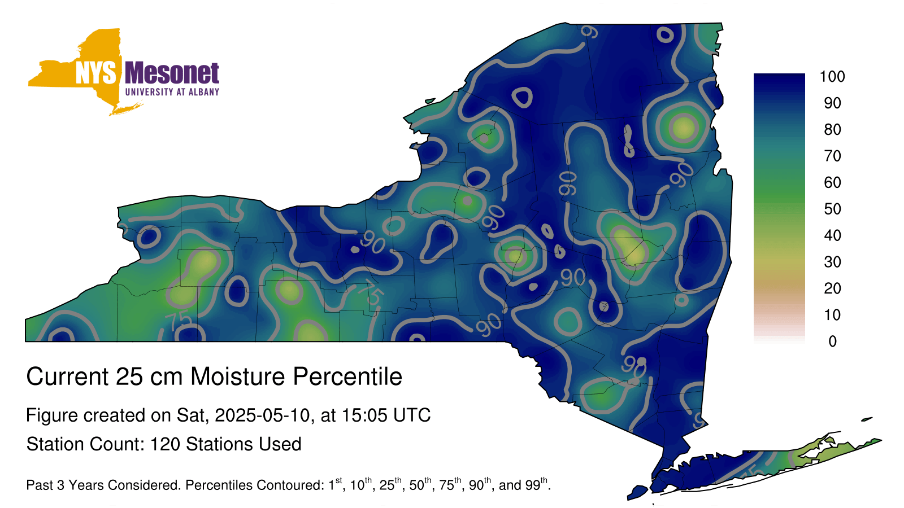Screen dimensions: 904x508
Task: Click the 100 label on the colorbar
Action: pyautogui.click(x=832, y=76)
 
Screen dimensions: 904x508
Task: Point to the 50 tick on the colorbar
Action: pyautogui.click(x=832, y=209)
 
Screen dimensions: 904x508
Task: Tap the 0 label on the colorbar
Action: pyautogui.click(x=832, y=341)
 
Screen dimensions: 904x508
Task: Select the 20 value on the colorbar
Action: pyautogui.click(x=832, y=288)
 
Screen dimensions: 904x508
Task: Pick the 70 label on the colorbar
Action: pyautogui.click(x=832, y=156)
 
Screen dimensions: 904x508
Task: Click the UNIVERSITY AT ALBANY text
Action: pyautogui.click(x=172, y=92)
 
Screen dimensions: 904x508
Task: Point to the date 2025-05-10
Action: pyautogui.click(x=262, y=415)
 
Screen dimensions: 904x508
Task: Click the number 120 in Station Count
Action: pyautogui.click(x=163, y=444)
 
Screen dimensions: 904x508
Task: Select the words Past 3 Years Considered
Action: pyautogui.click(x=102, y=485)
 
